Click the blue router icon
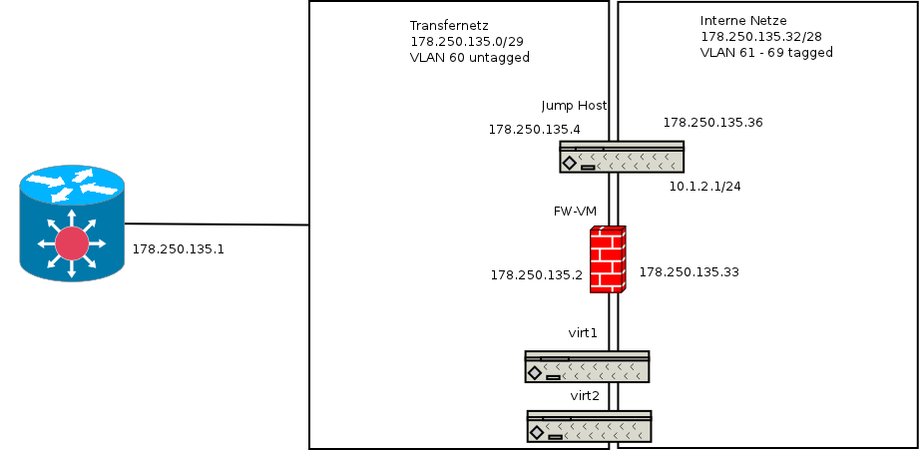coord(72,225)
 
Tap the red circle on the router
coord(72,242)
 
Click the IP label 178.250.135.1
coord(178,248)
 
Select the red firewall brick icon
coord(607,259)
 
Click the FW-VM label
coord(574,212)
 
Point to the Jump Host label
coord(574,105)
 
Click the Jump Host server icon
coord(622,157)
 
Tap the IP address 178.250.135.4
coord(534,129)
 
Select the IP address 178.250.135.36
coord(712,123)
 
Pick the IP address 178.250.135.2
coord(536,274)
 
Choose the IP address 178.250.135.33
coord(689,271)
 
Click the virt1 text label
coord(583,332)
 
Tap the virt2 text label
coord(585,395)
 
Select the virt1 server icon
coord(587,366)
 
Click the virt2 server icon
coord(589,426)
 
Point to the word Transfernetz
coord(449,25)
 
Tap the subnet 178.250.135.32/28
coord(761,36)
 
